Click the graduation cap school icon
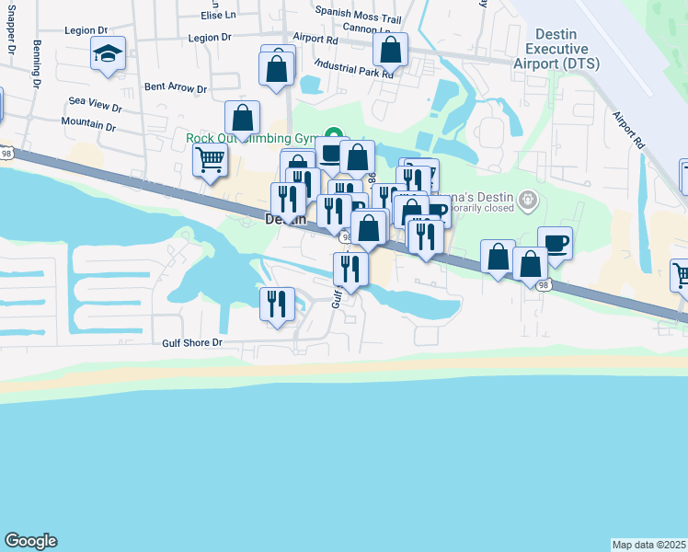(x=108, y=55)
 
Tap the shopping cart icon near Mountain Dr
(x=211, y=160)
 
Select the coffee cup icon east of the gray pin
(x=555, y=243)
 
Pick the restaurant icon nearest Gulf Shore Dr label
(x=278, y=304)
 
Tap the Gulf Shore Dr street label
(x=193, y=342)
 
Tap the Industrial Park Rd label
(x=353, y=67)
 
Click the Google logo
(x=30, y=541)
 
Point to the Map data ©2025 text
(x=648, y=544)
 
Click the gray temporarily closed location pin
(x=528, y=199)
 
